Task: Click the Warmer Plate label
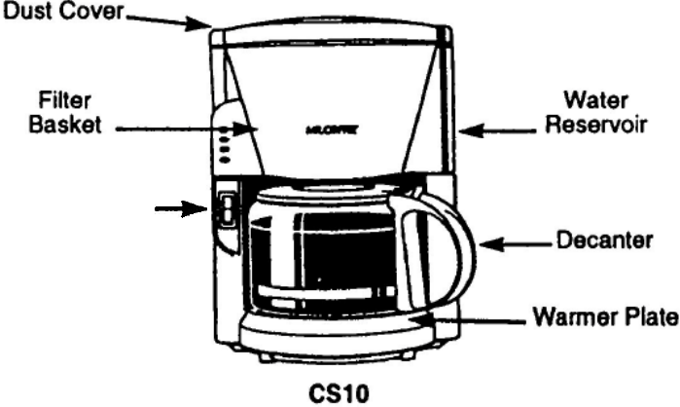[603, 319]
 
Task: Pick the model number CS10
[340, 392]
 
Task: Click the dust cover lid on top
[331, 35]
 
